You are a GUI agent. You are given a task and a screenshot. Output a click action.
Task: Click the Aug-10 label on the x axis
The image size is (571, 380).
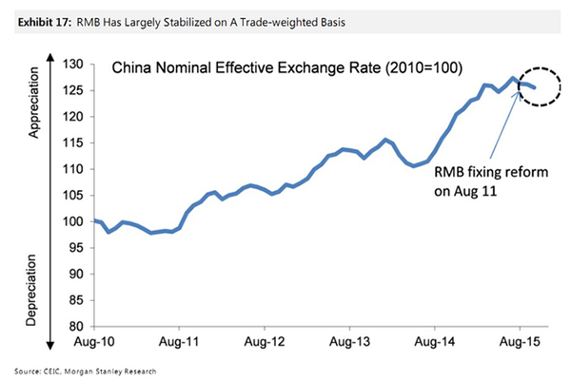tap(94, 339)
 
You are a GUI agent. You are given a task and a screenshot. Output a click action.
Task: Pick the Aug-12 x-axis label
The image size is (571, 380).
tap(265, 339)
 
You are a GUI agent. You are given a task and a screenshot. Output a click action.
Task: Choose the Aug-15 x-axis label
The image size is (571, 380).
tap(519, 339)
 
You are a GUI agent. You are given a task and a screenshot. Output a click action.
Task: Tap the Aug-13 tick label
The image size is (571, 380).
tap(349, 339)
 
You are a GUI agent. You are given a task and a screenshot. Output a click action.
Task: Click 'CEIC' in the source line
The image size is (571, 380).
tap(44, 370)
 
